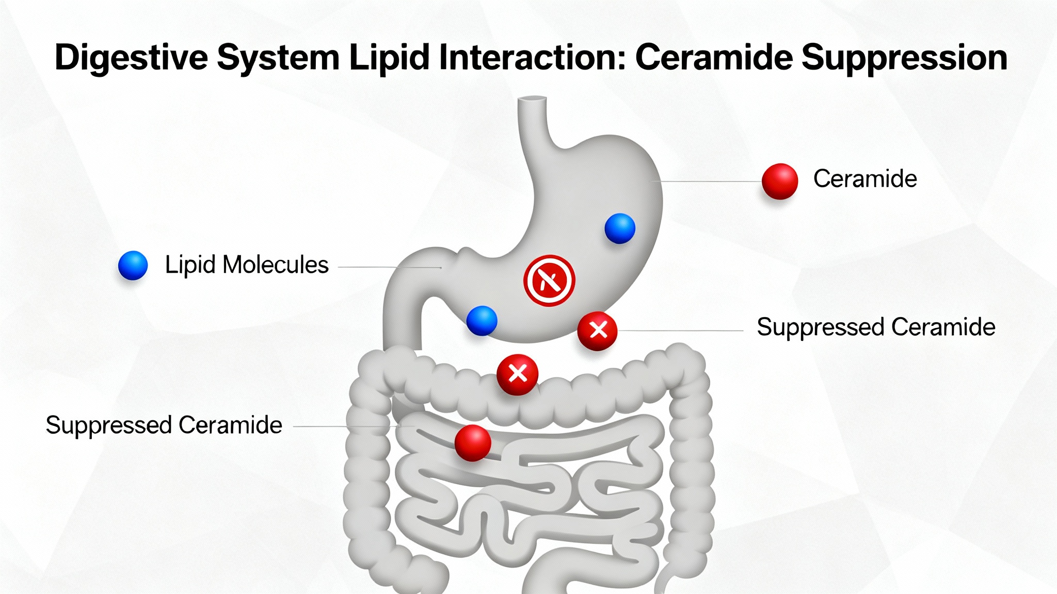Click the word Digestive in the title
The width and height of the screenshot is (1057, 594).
132,57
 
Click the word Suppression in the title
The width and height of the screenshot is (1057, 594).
904,57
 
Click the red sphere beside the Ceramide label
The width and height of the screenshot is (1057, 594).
779,181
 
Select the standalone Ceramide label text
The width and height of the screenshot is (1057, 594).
865,179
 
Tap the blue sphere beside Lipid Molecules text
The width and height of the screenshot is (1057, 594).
133,265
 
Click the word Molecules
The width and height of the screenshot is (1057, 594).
276,265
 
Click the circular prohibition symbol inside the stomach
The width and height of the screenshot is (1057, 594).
549,280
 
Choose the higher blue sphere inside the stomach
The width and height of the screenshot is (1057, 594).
619,228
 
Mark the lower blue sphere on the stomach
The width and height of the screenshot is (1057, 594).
482,320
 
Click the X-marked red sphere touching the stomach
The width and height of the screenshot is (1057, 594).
597,331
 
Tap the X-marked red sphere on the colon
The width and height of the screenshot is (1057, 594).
517,374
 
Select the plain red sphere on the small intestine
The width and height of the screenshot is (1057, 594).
472,442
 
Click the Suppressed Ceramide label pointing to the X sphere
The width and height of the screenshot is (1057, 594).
876,327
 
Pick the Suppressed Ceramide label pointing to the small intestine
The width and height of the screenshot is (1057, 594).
164,425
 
